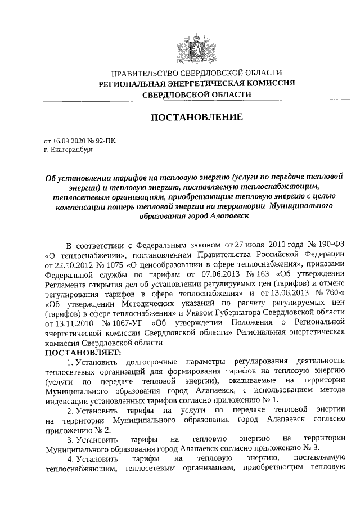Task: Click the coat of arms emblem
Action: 195,46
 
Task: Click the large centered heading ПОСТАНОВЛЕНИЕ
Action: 195,118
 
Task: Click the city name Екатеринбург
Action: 70,151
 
